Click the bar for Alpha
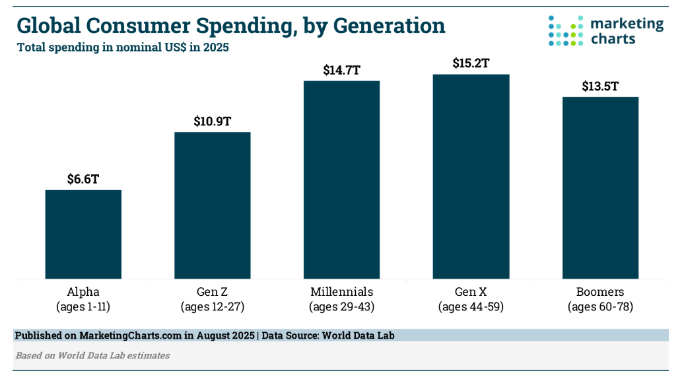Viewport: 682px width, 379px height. click(83, 234)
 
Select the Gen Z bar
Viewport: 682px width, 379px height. click(213, 205)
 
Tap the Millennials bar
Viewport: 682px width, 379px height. click(341, 179)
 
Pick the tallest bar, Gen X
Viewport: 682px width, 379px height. click(471, 176)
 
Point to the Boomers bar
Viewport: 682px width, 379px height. click(600, 188)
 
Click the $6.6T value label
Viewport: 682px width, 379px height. click(83, 179)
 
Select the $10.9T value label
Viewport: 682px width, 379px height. click(213, 121)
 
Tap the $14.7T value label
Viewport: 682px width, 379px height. click(341, 70)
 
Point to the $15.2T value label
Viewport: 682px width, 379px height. click(471, 63)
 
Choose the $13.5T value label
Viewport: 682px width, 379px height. click(600, 86)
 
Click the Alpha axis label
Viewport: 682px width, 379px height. click(83, 291)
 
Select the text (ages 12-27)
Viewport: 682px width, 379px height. click(213, 306)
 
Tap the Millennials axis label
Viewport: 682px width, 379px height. click(341, 291)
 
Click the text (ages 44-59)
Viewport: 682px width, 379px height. click(471, 306)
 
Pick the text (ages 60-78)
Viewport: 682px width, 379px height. click(600, 306)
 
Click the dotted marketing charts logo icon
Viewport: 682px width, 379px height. click(566, 30)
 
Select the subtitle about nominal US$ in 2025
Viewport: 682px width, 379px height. click(123, 48)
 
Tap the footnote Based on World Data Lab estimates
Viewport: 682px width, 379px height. click(92, 355)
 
